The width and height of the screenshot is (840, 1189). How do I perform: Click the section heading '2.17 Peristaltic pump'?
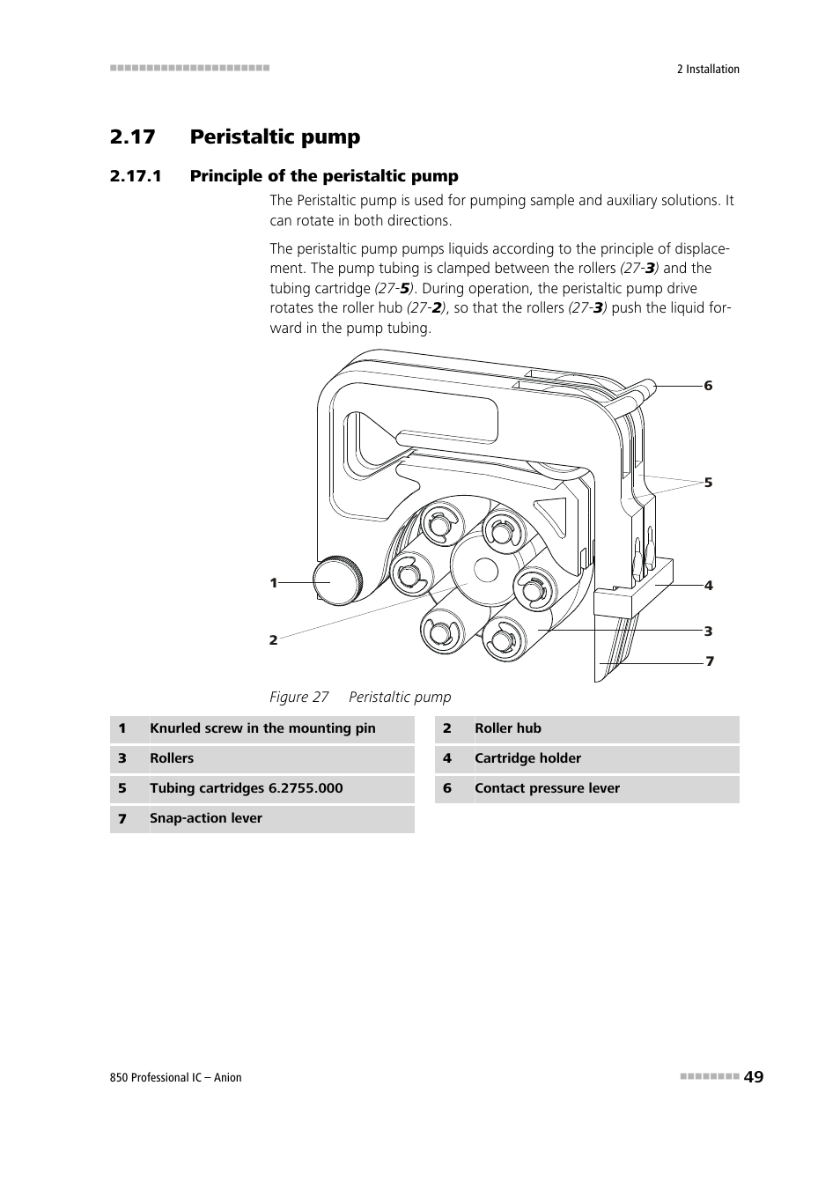pos(235,137)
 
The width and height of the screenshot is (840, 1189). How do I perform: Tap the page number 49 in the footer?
pos(753,1076)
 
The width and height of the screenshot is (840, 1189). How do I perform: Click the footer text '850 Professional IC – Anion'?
pos(176,1077)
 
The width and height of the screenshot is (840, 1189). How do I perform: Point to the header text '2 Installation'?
pos(708,70)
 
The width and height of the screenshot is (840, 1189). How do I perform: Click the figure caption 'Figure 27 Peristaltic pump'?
pos(360,697)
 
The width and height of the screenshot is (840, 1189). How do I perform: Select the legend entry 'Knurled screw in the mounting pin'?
pos(262,728)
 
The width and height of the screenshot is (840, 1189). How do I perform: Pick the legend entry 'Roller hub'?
pos(507,728)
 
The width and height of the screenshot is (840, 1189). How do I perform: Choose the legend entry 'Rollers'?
pos(172,758)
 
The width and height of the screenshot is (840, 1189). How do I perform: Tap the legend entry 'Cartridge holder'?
pos(527,758)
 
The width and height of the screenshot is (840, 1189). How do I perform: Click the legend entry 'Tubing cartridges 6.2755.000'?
pos(247,788)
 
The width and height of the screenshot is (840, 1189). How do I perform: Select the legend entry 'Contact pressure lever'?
pos(547,788)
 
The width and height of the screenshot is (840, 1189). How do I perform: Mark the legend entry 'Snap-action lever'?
pos(206,818)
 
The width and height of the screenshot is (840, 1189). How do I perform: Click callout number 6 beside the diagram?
pos(708,386)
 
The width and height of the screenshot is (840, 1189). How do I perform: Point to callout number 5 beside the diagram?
pos(708,483)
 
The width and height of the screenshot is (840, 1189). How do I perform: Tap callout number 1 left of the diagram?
pos(274,583)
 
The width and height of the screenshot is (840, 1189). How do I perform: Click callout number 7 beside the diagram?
pos(709,661)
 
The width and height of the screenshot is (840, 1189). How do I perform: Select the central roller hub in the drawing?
pos(484,570)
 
